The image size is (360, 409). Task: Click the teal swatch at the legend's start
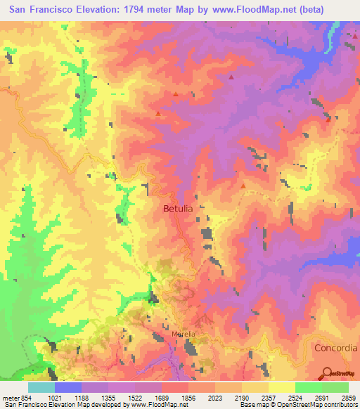pos(41,387)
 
